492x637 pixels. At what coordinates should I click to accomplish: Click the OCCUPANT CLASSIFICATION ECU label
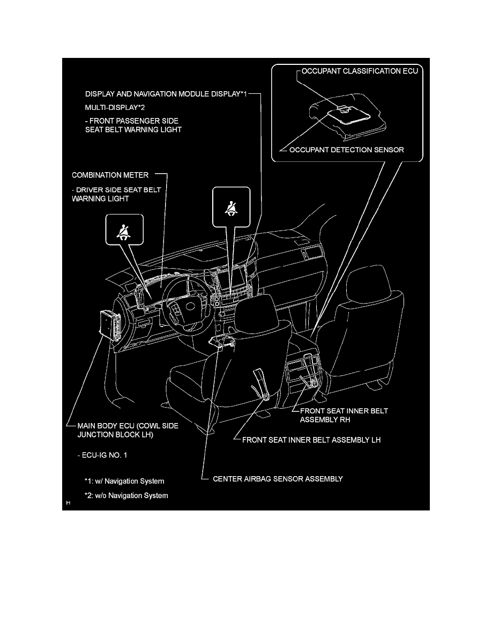[359, 70]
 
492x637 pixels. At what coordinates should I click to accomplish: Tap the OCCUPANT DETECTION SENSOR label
[346, 150]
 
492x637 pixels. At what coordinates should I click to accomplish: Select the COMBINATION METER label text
[110, 175]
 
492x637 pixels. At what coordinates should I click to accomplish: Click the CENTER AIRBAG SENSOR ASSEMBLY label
[278, 479]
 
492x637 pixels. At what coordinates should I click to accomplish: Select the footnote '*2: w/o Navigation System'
[126, 495]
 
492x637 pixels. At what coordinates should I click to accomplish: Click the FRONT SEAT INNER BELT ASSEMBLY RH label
[344, 416]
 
